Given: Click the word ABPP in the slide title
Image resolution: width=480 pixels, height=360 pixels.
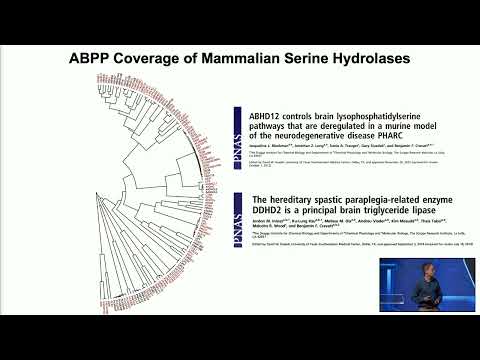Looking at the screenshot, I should (x=92, y=58).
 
